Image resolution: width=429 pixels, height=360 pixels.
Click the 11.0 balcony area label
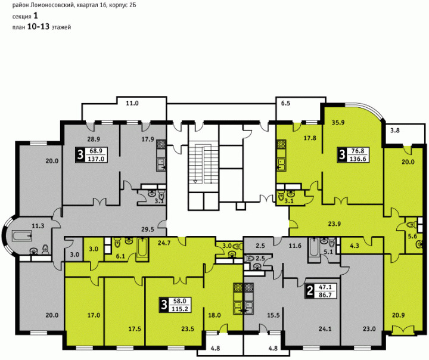[132, 104]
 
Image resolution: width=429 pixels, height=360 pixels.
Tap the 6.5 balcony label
[285, 104]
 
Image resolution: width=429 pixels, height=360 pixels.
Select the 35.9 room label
[338, 123]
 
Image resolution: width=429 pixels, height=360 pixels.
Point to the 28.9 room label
[94, 139]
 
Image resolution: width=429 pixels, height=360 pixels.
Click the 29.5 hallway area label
[148, 229]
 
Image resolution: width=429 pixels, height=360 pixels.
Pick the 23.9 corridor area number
[334, 224]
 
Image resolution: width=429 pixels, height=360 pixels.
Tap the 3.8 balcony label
[395, 131]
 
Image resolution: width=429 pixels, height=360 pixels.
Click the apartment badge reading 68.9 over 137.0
[92, 155]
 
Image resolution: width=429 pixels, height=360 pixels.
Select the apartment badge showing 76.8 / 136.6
[353, 155]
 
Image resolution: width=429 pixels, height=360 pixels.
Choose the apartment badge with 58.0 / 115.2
[175, 305]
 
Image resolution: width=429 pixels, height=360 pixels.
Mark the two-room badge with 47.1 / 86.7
[321, 291]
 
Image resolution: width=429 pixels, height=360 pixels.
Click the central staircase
[203, 165]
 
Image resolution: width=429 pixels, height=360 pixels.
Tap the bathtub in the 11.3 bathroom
[21, 235]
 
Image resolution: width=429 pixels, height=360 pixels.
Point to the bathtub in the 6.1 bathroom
[142, 247]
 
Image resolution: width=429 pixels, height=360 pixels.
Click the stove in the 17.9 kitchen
[161, 145]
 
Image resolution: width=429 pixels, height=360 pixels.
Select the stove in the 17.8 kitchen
[281, 144]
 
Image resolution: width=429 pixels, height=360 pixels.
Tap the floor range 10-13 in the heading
[38, 27]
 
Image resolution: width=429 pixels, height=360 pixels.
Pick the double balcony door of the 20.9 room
[403, 330]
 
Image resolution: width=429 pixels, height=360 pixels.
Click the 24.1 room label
[325, 328]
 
